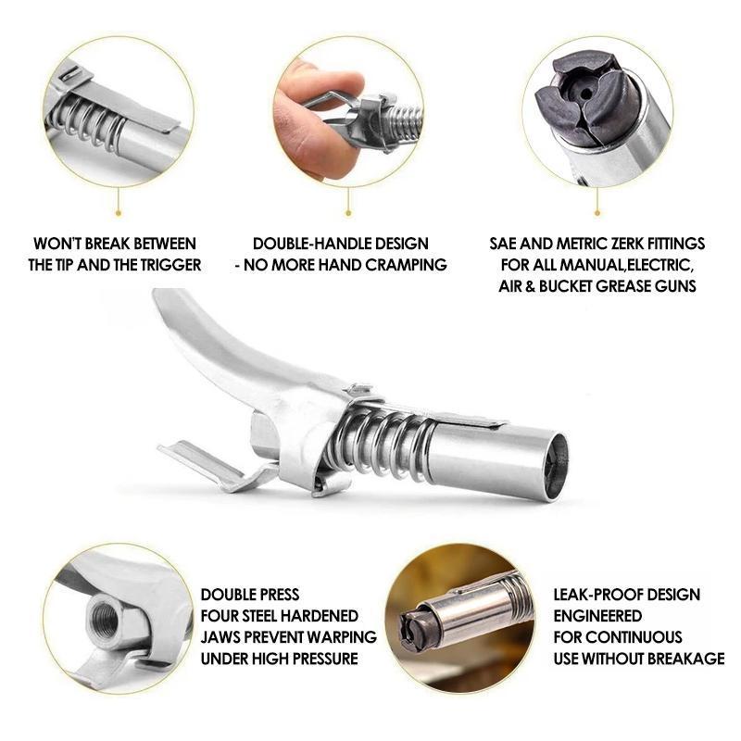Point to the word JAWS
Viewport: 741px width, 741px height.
[x=222, y=637]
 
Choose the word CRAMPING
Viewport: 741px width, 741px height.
[x=408, y=265]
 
